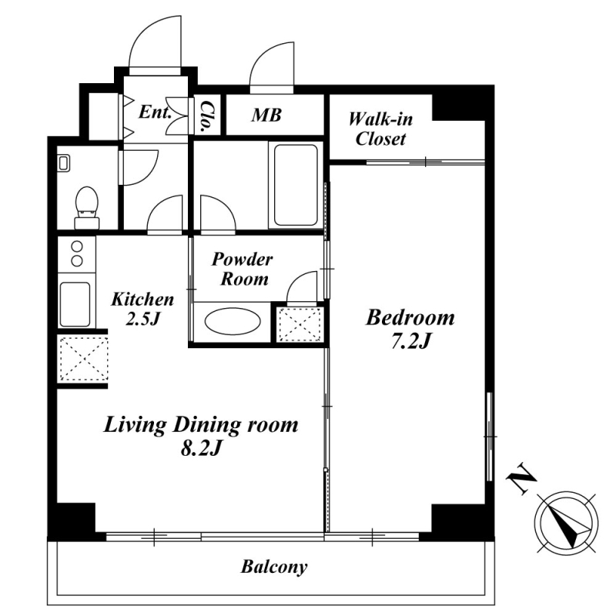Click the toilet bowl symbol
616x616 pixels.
[86, 207]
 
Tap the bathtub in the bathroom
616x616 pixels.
[296, 185]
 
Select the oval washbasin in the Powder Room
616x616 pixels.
[233, 321]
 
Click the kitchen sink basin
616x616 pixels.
[75, 303]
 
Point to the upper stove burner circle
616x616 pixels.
[77, 246]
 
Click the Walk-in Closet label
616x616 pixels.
[380, 129]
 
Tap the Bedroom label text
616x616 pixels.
[410, 317]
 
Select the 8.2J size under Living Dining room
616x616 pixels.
[200, 449]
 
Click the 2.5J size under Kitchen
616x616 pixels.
[142, 319]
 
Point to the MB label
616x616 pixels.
[266, 115]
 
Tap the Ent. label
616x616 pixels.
[156, 112]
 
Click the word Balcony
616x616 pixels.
[274, 567]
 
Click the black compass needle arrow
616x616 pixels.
[567, 527]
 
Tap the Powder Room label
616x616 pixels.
[243, 269]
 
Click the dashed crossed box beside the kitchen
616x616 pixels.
[83, 359]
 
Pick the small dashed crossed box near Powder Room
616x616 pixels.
[300, 324]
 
